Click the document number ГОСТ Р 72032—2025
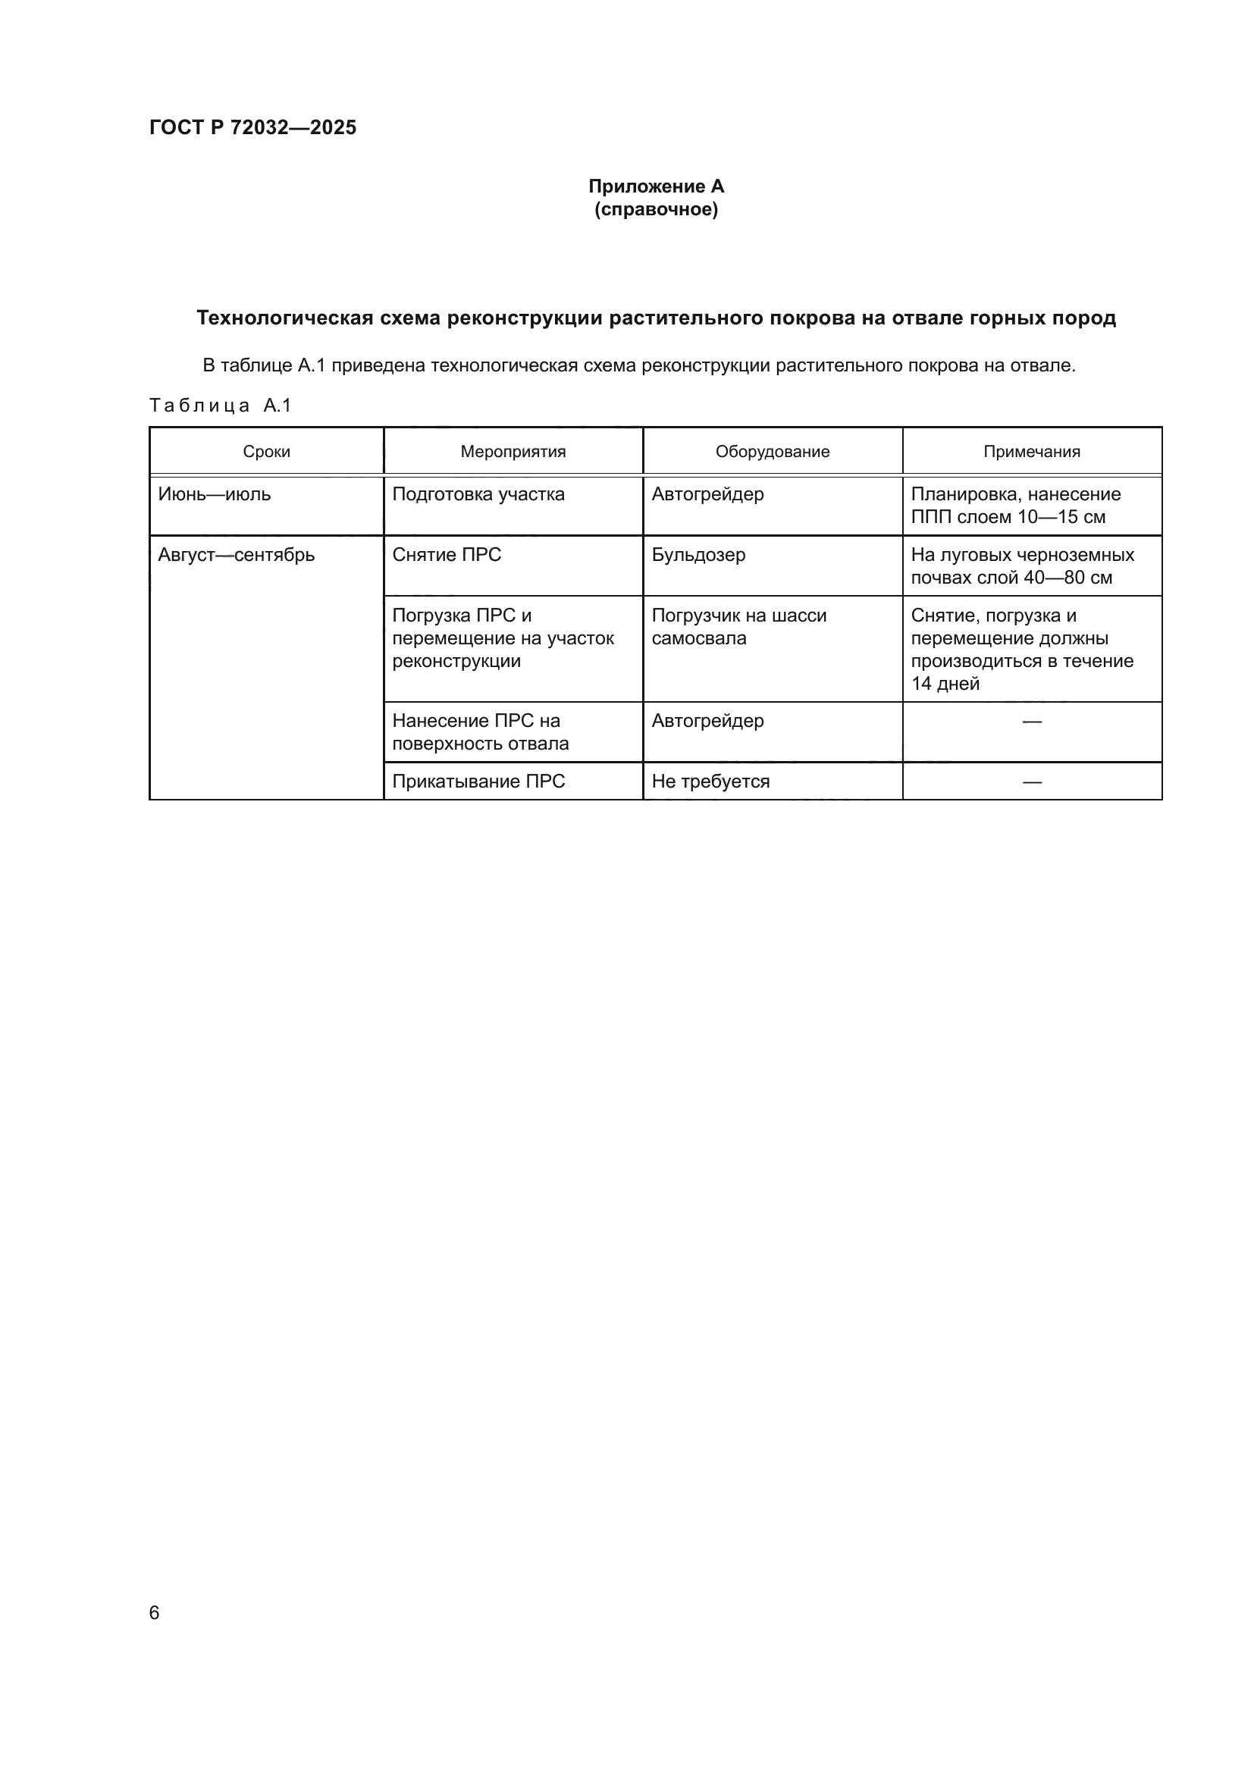[252, 127]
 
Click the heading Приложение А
[656, 186]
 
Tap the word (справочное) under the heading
[656, 209]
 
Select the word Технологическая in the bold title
[285, 318]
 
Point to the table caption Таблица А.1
[220, 406]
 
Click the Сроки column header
[266, 452]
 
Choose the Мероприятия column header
[513, 452]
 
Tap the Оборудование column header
[772, 452]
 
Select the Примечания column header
[1032, 452]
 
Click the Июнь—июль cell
[215, 494]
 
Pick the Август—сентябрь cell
[237, 555]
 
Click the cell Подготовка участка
[478, 494]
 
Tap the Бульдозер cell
[698, 555]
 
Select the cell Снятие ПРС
[447, 555]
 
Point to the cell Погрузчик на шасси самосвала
[738, 626]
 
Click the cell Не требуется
[710, 782]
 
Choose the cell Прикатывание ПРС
[478, 782]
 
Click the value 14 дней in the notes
[945, 684]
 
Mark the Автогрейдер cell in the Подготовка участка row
[707, 494]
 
